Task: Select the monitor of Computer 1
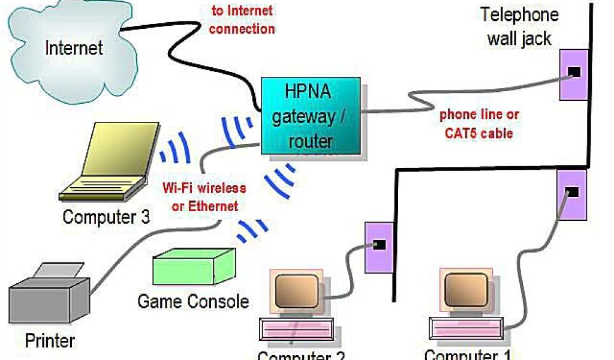(465, 291)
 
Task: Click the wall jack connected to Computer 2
(378, 245)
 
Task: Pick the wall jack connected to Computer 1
(571, 193)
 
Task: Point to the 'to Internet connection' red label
(242, 19)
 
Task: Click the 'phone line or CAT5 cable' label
(479, 124)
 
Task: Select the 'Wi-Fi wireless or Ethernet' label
(204, 197)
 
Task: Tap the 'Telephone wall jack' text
(519, 26)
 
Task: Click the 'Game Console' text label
(193, 301)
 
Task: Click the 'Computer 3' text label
(106, 217)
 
